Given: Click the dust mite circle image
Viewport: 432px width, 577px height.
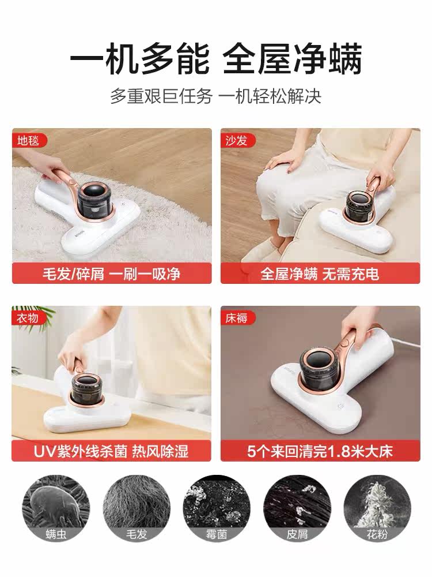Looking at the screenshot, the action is click(x=56, y=508).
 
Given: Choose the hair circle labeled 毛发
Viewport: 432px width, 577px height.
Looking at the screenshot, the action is click(x=137, y=508).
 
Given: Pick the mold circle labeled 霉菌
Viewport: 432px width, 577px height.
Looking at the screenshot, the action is click(x=217, y=508).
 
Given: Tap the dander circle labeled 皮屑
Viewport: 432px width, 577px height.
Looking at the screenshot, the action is click(x=297, y=508).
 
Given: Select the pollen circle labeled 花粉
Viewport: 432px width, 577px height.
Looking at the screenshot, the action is click(x=377, y=508).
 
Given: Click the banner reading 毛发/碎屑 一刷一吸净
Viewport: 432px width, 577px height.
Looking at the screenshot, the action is click(x=112, y=273).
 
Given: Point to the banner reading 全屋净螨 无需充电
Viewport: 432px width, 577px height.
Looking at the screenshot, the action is click(x=320, y=273).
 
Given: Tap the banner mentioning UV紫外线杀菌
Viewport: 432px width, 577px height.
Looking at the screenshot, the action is click(x=111, y=451).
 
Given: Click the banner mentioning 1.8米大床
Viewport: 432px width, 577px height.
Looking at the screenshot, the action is click(x=320, y=451).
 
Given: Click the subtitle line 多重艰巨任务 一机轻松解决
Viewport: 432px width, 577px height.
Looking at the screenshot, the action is click(x=216, y=96).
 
